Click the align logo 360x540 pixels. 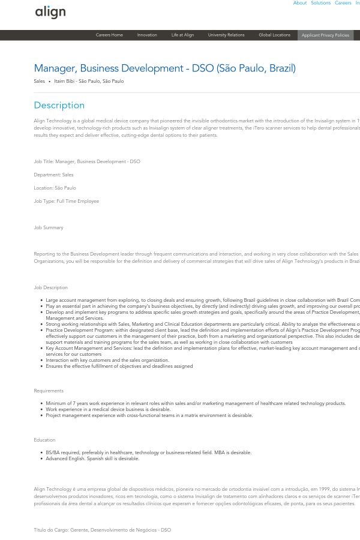50,12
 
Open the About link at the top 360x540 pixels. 300,3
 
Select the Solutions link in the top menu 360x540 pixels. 320,3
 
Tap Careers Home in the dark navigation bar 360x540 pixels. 109,35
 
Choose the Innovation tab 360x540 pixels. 147,35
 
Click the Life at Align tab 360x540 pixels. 182,35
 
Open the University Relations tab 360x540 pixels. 226,35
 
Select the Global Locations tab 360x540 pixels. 274,35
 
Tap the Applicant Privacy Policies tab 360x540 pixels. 325,35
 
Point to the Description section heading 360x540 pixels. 59,105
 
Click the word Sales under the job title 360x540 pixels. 40,81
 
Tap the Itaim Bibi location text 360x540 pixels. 89,81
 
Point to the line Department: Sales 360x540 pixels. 54,175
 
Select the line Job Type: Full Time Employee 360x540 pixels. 67,201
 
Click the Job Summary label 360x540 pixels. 49,227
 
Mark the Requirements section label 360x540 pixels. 49,391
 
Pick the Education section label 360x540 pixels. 45,440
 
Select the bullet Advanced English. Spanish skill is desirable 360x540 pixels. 92,458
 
